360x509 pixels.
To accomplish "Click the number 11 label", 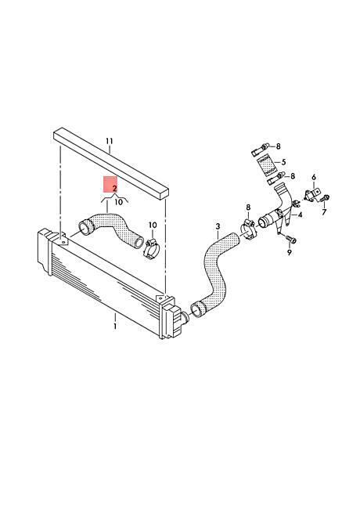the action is click(110, 141).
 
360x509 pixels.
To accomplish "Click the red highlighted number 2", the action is click(114, 188).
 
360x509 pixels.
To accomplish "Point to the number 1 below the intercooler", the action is click(115, 326).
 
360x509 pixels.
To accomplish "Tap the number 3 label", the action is click(218, 226).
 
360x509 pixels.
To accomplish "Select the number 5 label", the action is click(283, 161).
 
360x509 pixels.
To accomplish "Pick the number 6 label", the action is click(314, 177).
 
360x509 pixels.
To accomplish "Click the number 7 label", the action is click(324, 212).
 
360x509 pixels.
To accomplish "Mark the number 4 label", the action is click(300, 215).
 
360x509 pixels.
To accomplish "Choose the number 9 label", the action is click(290, 252).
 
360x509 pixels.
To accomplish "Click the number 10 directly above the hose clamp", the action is click(153, 225).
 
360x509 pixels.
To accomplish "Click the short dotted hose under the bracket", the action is click(111, 229).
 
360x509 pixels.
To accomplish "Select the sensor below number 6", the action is click(312, 194).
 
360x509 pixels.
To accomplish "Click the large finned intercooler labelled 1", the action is click(109, 282).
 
